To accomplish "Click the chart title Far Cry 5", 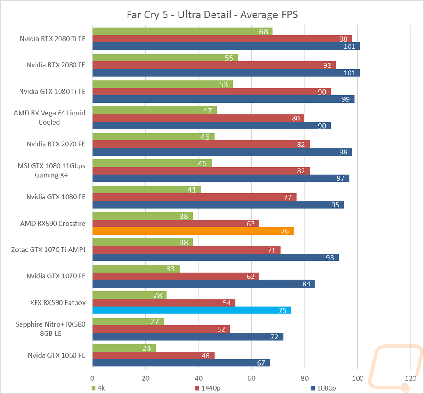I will point(212,15).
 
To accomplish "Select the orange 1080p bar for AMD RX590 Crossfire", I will point(193,231).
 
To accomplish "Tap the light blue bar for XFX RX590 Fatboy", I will point(191,310).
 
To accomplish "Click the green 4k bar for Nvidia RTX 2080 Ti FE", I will point(182,31).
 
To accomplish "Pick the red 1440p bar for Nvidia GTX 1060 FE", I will point(153,355).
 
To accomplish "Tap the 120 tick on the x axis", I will point(410,378).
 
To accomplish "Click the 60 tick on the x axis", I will point(251,378).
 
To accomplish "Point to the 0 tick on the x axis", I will point(92,378).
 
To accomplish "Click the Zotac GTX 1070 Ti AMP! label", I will point(48,250).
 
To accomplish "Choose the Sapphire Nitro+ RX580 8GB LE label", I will point(50,329).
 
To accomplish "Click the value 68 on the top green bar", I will point(263,32).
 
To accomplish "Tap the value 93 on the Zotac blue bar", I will point(330,257).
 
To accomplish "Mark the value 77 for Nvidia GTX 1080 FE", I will point(287,197).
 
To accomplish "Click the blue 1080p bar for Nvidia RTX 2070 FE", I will point(222,152).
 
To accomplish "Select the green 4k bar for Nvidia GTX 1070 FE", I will point(136,269).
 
